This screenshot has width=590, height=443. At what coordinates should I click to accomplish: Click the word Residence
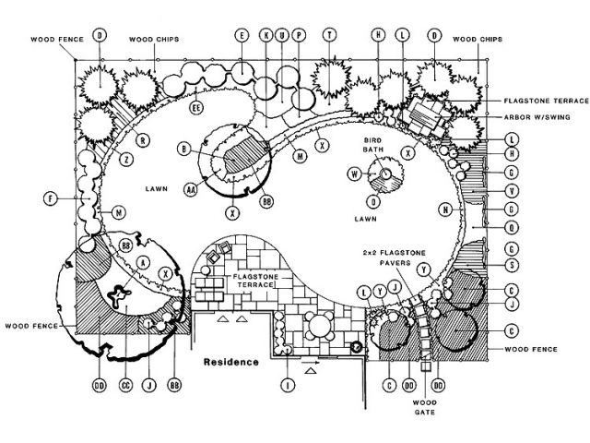coord(231,362)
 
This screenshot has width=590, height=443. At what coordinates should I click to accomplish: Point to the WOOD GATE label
coord(425,406)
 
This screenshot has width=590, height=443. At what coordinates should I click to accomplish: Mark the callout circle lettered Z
coord(124,160)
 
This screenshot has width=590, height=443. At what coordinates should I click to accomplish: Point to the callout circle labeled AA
coord(193,188)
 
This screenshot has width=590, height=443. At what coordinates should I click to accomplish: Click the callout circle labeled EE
coord(196,108)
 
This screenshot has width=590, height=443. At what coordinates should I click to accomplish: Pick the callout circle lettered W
coord(354,174)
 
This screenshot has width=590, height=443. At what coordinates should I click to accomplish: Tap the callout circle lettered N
coord(445,210)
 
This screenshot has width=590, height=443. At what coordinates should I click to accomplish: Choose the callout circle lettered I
coord(288,384)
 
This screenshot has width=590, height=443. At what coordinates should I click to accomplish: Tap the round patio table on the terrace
coord(319,325)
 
